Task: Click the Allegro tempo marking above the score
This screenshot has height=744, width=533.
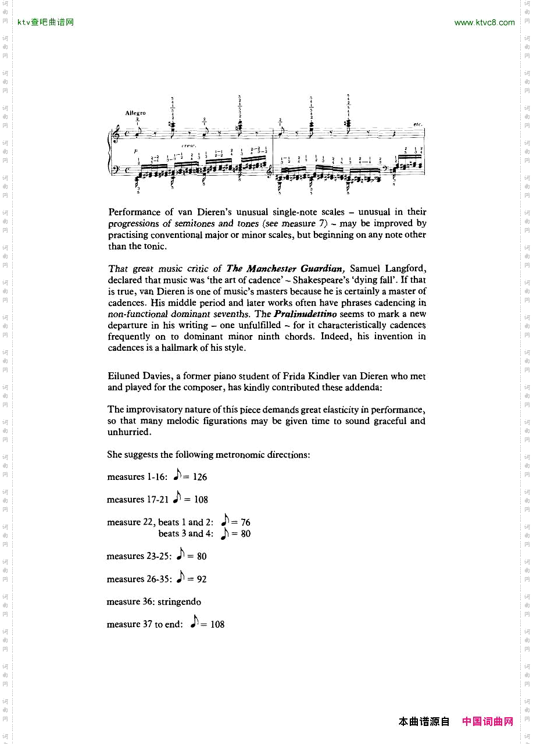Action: coord(135,113)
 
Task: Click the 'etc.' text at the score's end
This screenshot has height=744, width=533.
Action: coord(417,124)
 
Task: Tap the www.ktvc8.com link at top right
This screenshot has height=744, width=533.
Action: coord(484,23)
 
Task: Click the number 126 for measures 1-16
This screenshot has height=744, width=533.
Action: coord(199,477)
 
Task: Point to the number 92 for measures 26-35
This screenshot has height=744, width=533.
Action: coord(201,579)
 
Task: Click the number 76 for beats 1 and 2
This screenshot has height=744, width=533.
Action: coord(245,522)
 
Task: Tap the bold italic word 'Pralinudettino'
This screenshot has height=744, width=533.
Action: coord(305,314)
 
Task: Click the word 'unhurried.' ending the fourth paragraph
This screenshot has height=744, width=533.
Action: coord(129,432)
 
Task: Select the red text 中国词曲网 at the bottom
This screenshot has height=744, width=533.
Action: coord(488,721)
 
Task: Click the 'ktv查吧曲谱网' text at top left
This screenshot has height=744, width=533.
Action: coord(46,23)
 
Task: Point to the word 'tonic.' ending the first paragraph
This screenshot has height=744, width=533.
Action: coord(155,246)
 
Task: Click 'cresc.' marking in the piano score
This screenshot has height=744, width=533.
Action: coord(188,145)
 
